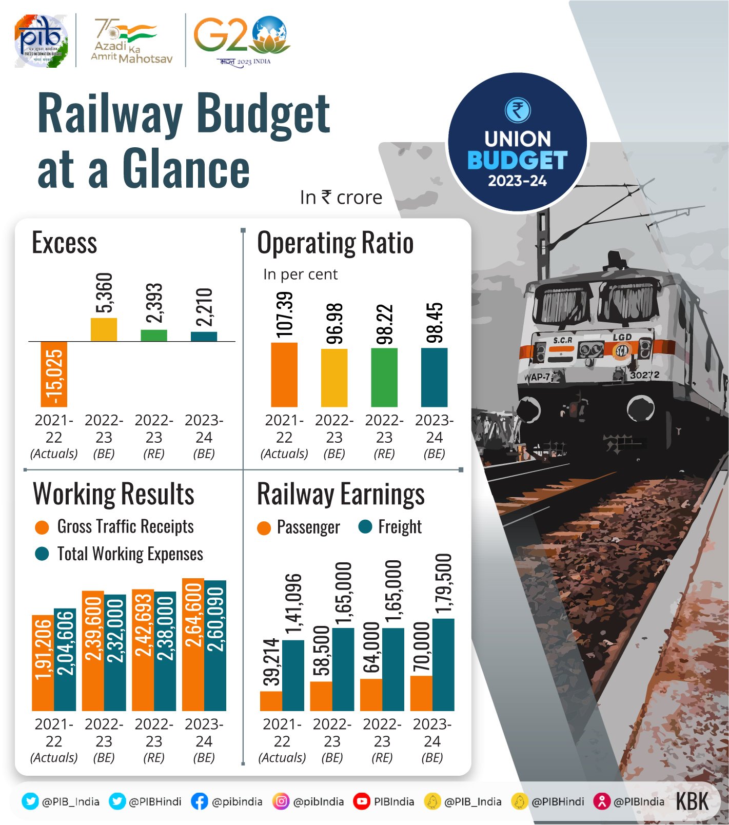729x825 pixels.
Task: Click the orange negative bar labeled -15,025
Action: click(x=54, y=374)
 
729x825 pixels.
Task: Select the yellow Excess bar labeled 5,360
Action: click(x=104, y=329)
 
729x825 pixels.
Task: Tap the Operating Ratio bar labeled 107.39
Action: click(x=284, y=375)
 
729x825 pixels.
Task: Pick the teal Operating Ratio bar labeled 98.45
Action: click(x=434, y=377)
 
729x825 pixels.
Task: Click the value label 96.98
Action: click(x=334, y=323)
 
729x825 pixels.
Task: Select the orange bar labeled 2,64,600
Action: click(x=193, y=644)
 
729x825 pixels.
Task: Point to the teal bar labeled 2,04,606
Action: click(x=65, y=659)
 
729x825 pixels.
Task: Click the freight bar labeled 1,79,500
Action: click(x=443, y=664)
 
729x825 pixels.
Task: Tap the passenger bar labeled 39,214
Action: click(x=271, y=701)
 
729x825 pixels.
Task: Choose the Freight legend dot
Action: click(x=365, y=527)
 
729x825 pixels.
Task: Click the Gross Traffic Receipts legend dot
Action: click(x=42, y=527)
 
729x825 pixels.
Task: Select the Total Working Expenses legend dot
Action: click(x=42, y=554)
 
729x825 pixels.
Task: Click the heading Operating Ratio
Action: click(x=335, y=243)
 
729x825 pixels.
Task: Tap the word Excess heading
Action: click(x=65, y=243)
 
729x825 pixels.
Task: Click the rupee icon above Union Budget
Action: click(x=518, y=110)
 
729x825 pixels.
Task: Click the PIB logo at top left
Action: click(x=41, y=41)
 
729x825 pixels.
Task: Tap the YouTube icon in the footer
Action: click(x=362, y=801)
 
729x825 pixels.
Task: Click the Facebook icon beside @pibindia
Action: click(x=199, y=801)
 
